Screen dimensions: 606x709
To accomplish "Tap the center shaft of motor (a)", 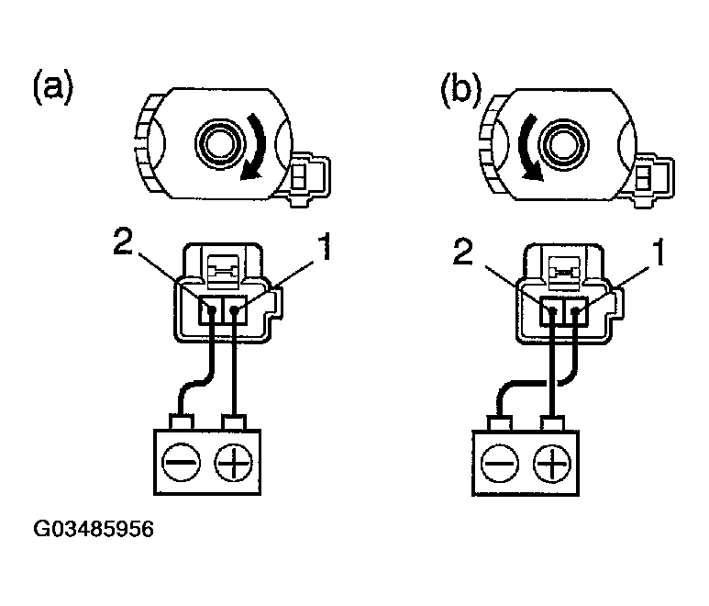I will [x=218, y=143].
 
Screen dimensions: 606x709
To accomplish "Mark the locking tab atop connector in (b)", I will [x=561, y=272].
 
